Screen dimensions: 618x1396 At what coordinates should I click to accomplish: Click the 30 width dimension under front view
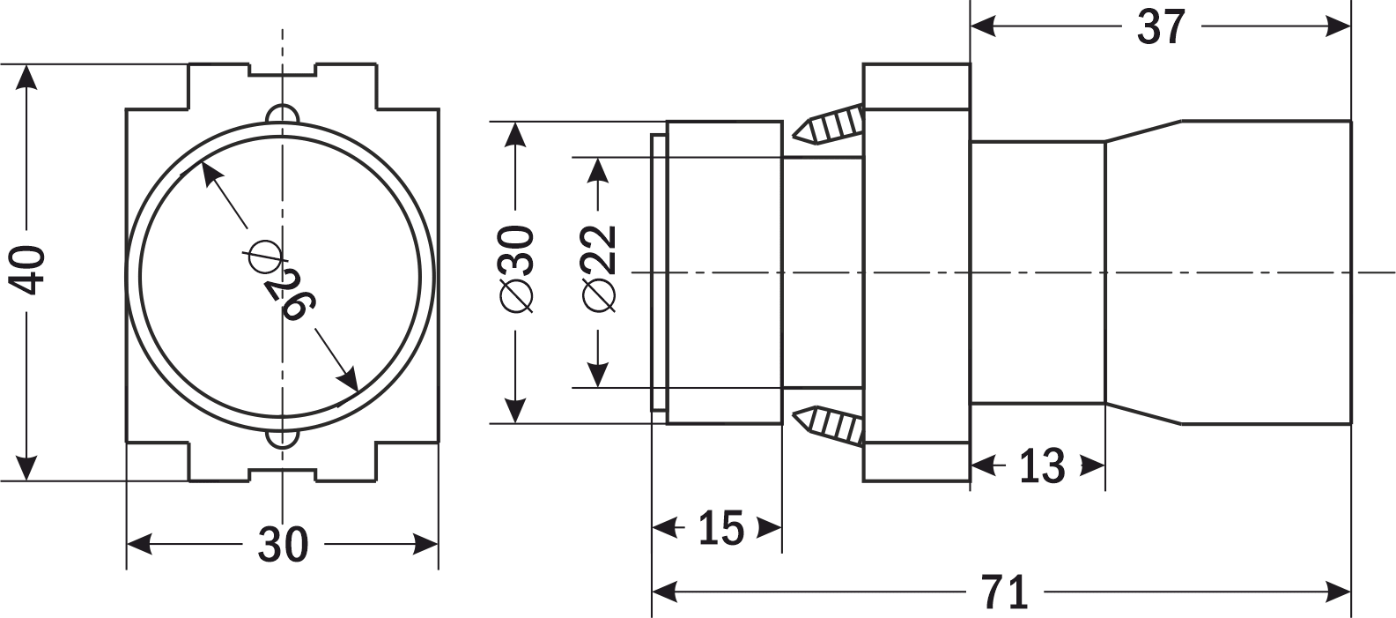(283, 545)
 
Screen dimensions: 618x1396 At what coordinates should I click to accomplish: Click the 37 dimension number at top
(1161, 27)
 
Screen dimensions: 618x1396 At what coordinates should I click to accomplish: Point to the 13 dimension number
(1041, 465)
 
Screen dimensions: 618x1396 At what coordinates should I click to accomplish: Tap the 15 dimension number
(720, 528)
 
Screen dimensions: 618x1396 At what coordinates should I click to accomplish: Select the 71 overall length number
(1005, 592)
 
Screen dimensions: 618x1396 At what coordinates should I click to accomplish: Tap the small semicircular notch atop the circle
(282, 115)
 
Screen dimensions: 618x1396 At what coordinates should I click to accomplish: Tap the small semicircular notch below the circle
(282, 437)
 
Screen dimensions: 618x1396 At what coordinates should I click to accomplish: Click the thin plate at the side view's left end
(658, 272)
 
